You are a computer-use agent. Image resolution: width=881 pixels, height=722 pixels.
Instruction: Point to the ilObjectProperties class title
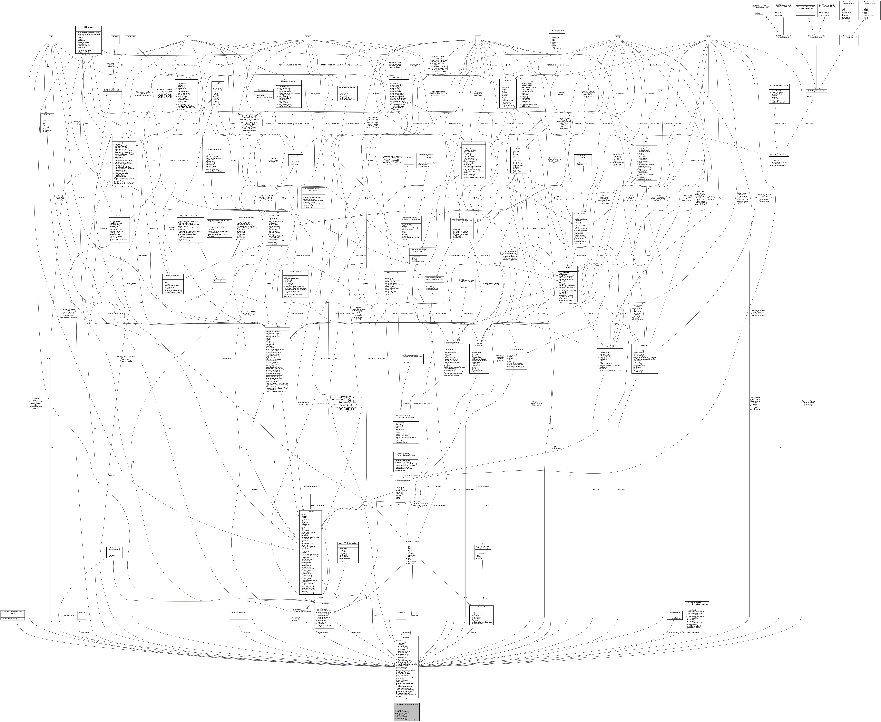coord(290,271)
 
